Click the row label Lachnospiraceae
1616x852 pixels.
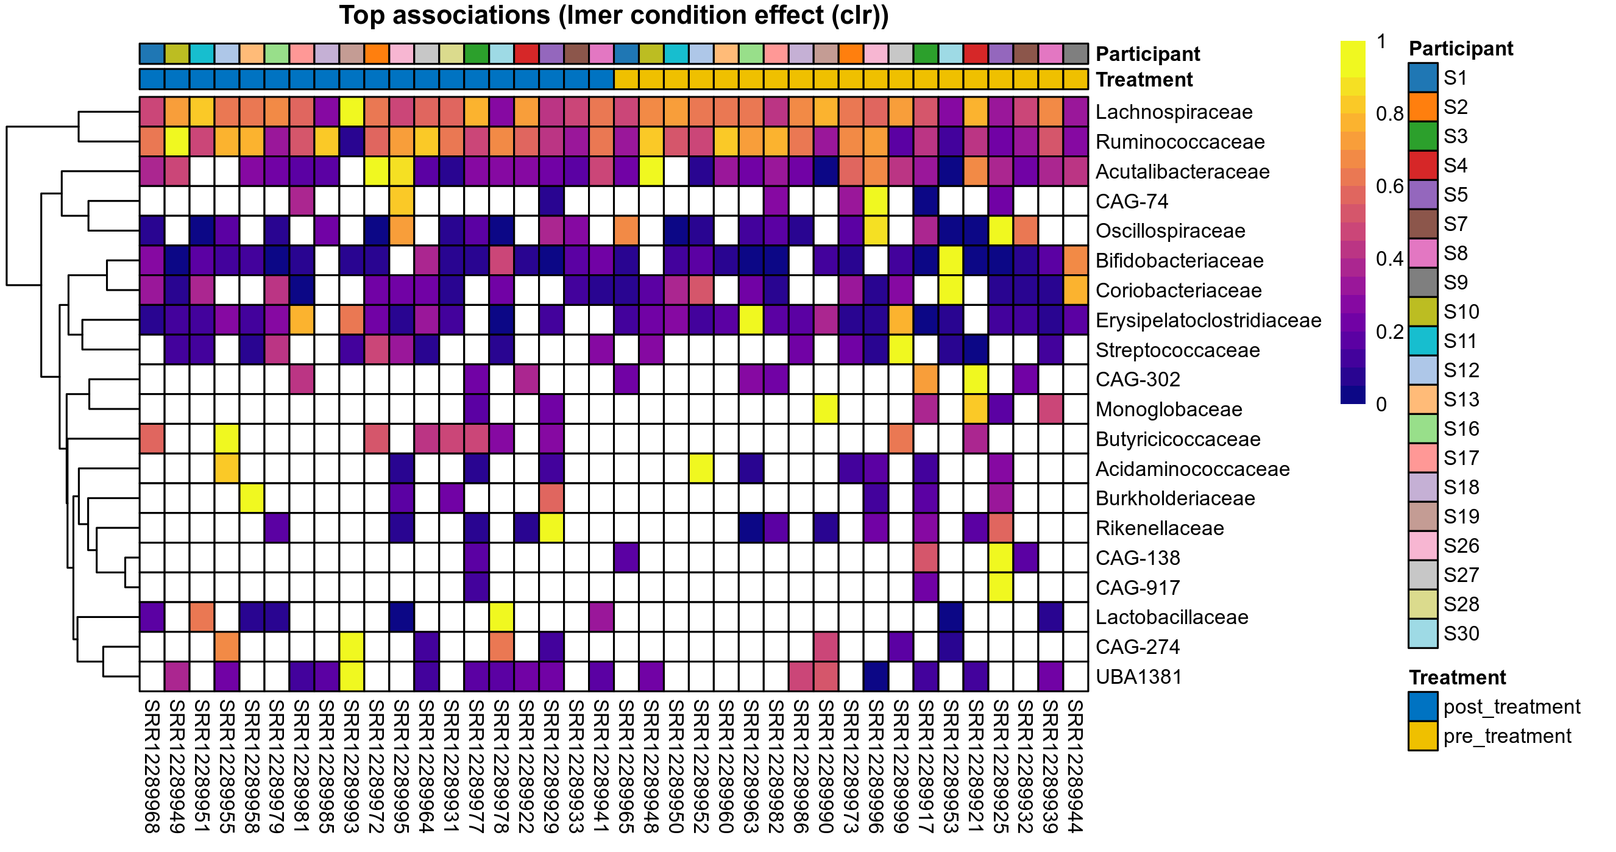point(1173,112)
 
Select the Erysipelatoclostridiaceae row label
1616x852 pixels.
point(1208,321)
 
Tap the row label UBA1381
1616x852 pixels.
point(1138,677)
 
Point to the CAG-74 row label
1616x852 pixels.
point(1131,201)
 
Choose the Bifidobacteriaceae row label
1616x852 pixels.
point(1178,261)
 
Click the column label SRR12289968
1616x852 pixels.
point(152,766)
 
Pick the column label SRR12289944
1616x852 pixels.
point(1076,766)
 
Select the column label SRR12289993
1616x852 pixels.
point(352,766)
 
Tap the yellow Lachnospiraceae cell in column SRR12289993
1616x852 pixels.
point(352,112)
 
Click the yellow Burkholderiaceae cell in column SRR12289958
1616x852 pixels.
point(252,499)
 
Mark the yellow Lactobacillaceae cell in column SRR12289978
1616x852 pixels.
point(501,617)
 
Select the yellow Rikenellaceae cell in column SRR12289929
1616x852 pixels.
point(551,528)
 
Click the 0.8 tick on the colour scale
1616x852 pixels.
point(1389,114)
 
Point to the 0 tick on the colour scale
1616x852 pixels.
point(1381,405)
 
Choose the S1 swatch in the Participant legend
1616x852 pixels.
point(1423,78)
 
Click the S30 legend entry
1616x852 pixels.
point(1461,634)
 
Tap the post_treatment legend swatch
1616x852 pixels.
point(1423,707)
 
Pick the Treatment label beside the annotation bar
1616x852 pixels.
point(1144,80)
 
